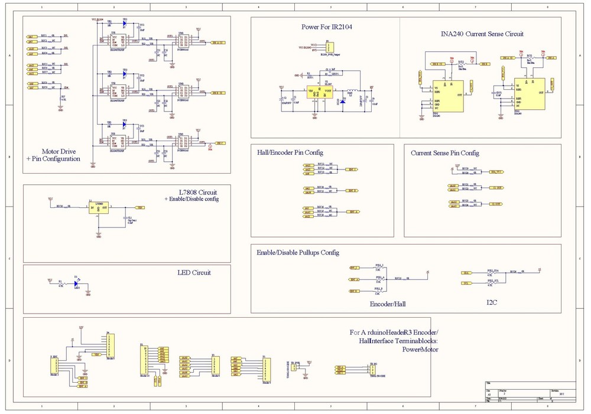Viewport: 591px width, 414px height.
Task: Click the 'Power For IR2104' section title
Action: coord(327,27)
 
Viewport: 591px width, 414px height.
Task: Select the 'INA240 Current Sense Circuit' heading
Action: coord(482,34)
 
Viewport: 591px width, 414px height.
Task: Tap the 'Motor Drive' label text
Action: coord(59,152)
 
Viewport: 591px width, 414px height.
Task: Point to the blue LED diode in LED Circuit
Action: coord(76,283)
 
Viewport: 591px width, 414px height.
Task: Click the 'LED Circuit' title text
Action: coord(194,273)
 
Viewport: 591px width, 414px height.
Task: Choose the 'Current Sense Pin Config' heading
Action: coord(445,154)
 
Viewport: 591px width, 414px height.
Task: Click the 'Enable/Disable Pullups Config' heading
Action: coord(297,253)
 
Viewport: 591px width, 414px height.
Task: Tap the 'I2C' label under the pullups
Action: coord(492,303)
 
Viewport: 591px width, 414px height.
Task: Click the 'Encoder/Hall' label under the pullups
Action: coord(387,304)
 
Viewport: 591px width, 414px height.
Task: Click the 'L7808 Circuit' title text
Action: coord(197,192)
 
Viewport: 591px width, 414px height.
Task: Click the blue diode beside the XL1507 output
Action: coord(343,102)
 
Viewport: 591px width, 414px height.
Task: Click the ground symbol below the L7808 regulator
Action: coord(98,235)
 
